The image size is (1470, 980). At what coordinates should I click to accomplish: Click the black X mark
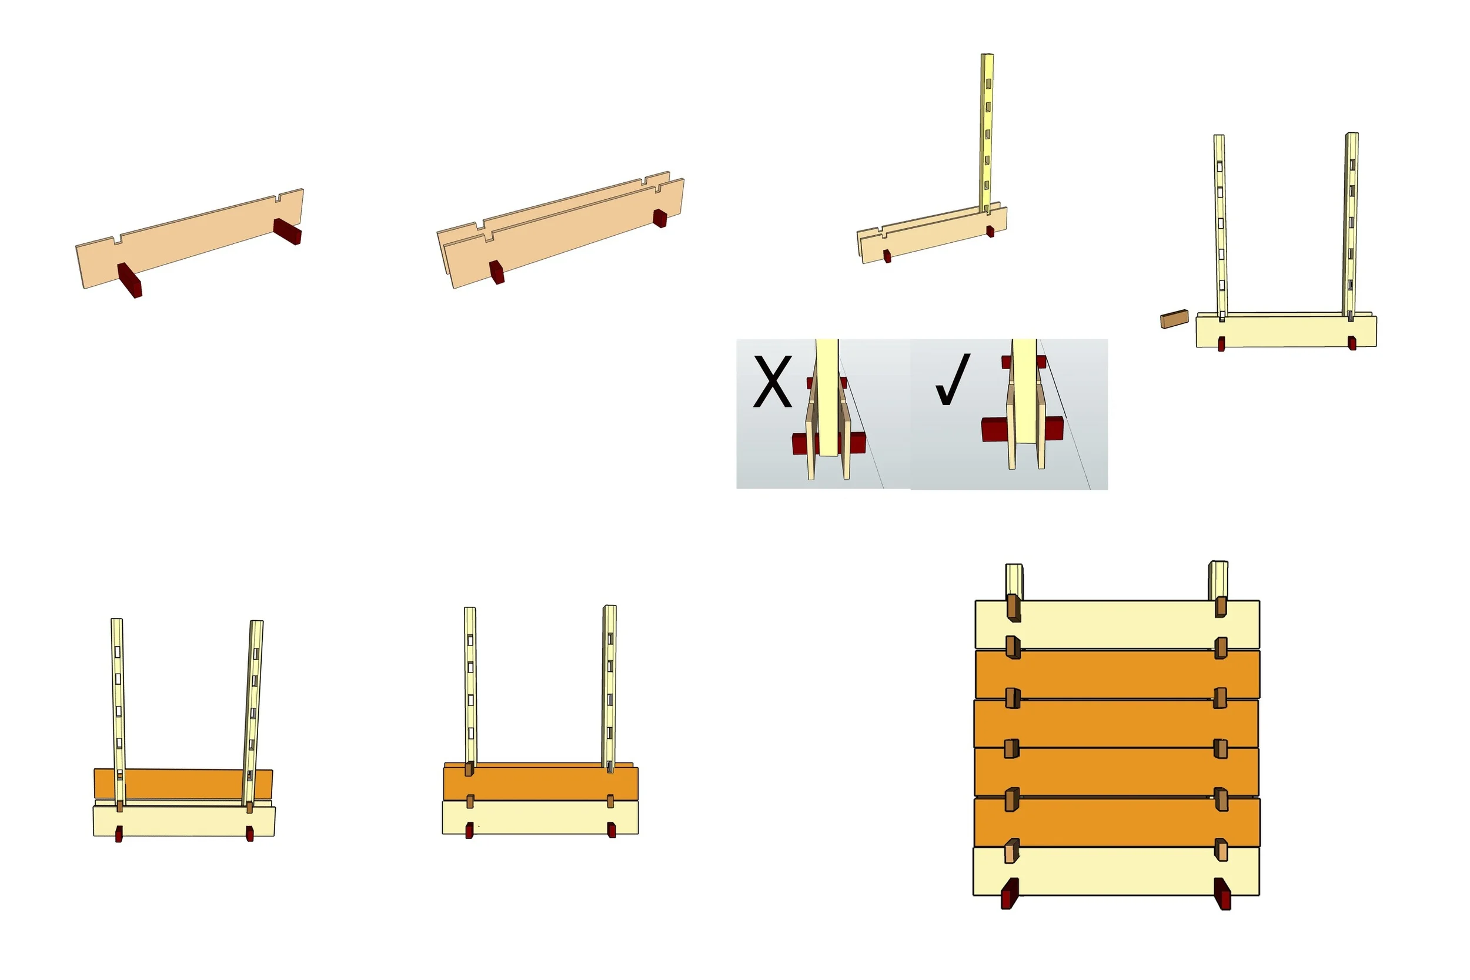[773, 382]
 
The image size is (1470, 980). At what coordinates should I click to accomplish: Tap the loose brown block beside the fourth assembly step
[1174, 319]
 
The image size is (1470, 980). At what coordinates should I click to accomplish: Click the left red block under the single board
[130, 280]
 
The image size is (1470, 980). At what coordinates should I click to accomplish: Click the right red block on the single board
[288, 231]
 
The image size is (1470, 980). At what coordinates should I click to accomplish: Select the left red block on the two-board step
[497, 272]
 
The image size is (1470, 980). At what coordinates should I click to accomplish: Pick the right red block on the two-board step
[660, 218]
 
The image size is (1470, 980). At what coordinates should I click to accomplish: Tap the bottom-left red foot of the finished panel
[1010, 893]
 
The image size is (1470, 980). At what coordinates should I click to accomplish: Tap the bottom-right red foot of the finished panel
[1222, 894]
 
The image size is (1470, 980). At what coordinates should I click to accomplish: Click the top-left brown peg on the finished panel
[1014, 608]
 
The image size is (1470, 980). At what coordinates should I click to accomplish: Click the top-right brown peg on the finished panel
[1221, 607]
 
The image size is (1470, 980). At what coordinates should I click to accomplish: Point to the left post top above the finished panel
[1014, 581]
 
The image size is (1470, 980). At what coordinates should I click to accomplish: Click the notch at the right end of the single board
[276, 200]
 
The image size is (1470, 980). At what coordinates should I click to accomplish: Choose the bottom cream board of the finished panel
[1116, 871]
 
